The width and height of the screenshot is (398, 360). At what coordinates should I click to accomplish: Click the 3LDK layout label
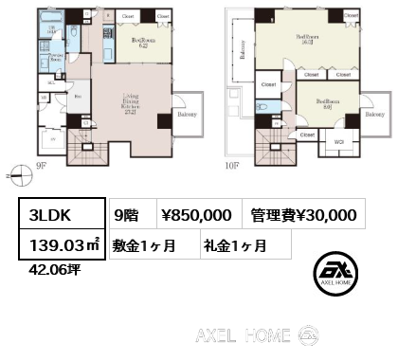[47, 216]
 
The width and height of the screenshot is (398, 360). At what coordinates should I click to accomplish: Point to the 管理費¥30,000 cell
[302, 216]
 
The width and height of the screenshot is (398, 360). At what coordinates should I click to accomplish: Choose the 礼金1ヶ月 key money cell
[233, 244]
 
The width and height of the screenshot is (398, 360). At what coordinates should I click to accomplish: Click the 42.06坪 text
[45, 267]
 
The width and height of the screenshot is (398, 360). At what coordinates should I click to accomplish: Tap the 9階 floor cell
[125, 216]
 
